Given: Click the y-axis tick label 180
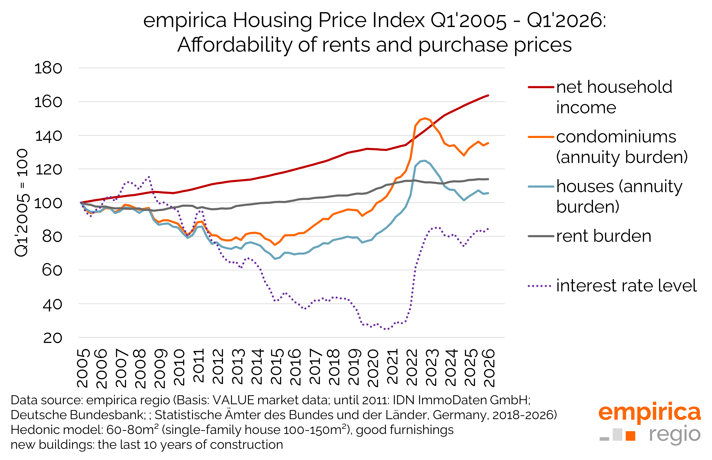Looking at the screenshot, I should pyautogui.click(x=48, y=68).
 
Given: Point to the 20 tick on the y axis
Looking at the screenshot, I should pyautogui.click(x=53, y=338).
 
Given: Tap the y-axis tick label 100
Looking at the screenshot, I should pyautogui.click(x=48, y=204).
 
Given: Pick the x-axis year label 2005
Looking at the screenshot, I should pyautogui.click(x=83, y=368).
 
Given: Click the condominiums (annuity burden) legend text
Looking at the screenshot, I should pyautogui.click(x=621, y=147).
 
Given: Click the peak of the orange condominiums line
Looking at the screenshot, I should pyautogui.click(x=425, y=118).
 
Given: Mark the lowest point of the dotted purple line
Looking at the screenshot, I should pyautogui.click(x=386, y=329).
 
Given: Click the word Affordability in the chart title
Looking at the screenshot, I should pyautogui.click(x=235, y=45).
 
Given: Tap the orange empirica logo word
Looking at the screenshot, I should pyautogui.click(x=649, y=412).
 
